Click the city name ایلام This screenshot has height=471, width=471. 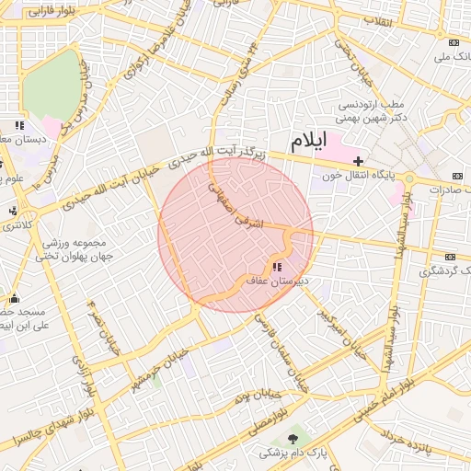[308, 143]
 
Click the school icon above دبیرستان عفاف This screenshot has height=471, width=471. [279, 267]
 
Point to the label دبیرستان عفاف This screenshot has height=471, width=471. [276, 280]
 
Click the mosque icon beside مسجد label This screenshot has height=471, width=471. [13, 298]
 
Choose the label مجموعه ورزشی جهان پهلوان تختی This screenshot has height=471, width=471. [77, 249]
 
